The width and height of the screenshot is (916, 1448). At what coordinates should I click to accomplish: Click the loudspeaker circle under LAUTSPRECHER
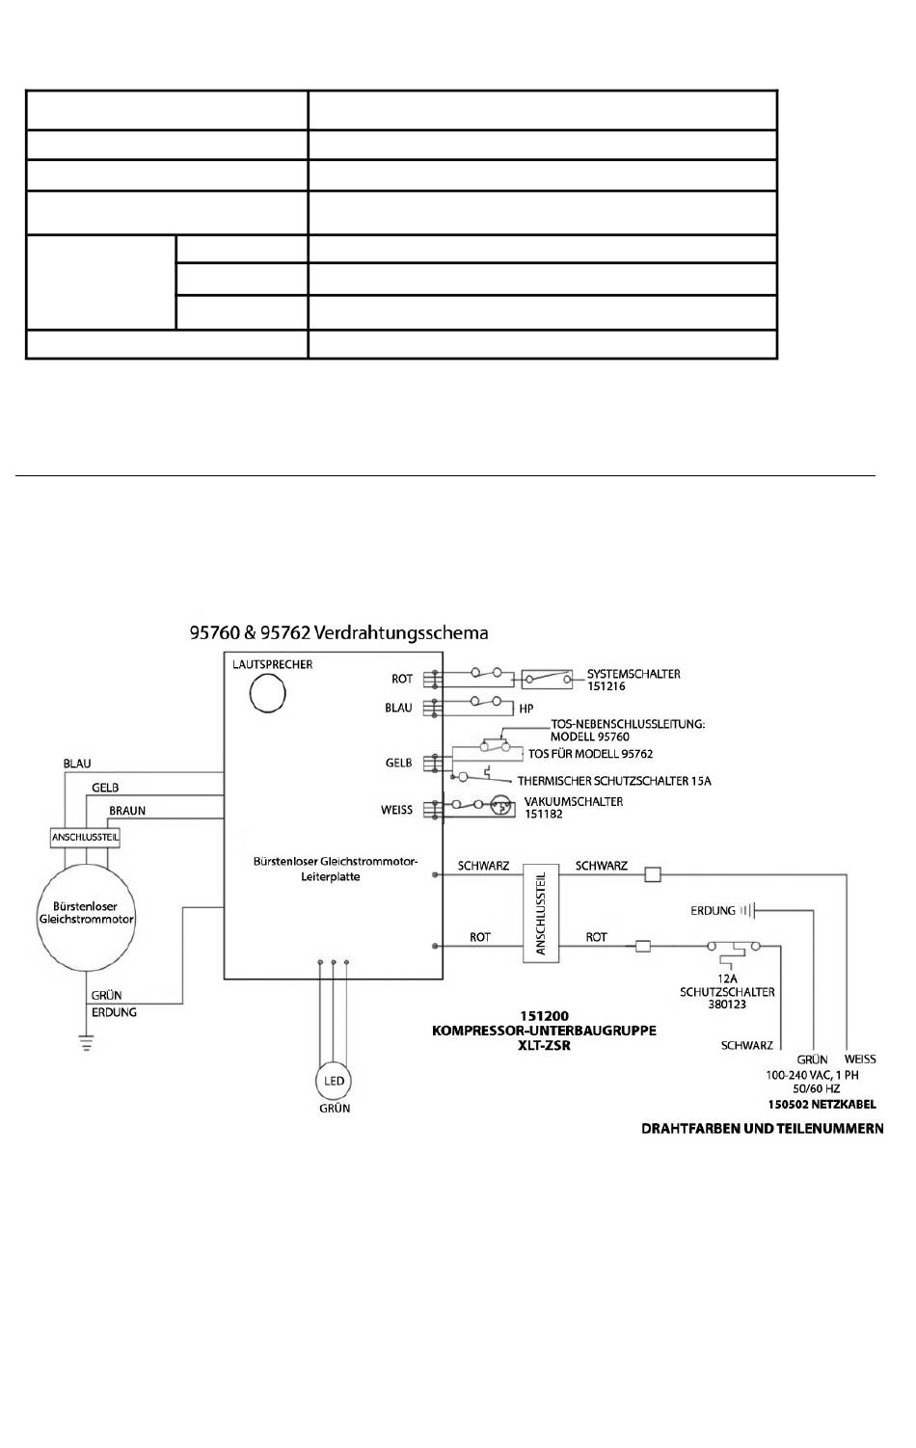(x=267, y=693)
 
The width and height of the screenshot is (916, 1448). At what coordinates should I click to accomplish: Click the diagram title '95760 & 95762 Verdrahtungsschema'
(x=338, y=632)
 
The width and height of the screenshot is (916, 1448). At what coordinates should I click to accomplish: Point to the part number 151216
(x=606, y=686)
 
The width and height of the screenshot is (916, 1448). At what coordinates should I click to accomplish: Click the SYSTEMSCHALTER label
(x=633, y=674)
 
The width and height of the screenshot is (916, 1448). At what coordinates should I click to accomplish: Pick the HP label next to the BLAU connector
(x=526, y=709)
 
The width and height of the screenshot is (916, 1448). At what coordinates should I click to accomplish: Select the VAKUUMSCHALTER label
(x=574, y=801)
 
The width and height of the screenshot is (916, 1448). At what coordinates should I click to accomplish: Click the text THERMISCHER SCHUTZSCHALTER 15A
(x=614, y=781)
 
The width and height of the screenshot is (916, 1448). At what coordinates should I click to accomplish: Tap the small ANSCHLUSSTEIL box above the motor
(x=85, y=837)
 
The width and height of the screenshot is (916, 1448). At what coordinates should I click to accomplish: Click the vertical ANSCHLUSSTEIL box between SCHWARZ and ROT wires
(x=540, y=913)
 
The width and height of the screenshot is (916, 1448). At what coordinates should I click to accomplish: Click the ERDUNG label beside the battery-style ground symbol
(x=713, y=911)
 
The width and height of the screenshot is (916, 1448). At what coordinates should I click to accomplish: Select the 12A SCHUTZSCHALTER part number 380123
(x=727, y=1005)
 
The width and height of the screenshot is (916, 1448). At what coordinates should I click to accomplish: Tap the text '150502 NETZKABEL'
(x=822, y=1104)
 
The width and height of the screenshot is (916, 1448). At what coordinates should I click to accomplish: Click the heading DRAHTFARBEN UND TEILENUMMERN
(x=762, y=1129)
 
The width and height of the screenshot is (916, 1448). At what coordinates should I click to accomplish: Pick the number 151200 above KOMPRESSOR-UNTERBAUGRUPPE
(x=545, y=1016)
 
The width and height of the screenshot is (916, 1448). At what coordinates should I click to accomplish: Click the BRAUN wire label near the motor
(x=127, y=811)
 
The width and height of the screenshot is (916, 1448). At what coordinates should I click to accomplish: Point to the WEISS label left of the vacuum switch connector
(x=396, y=810)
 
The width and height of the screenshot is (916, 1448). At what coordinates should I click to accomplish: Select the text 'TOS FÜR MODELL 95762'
(x=591, y=754)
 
